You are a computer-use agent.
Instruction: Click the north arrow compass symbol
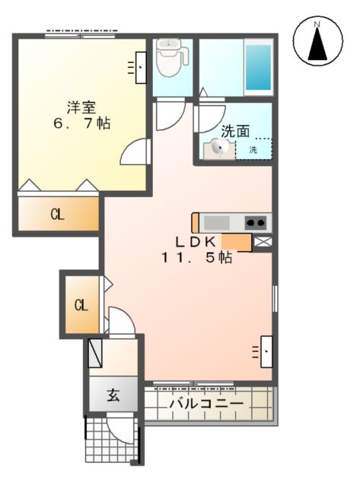318,42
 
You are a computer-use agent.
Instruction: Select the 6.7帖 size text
81,123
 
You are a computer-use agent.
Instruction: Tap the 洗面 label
235,131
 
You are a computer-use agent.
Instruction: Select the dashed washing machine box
253,148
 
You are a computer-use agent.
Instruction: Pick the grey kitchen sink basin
217,222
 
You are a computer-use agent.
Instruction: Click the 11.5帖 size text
196,257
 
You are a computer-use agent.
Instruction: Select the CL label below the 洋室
57,215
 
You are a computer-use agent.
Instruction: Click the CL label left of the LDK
81,307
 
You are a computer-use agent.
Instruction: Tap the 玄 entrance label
113,396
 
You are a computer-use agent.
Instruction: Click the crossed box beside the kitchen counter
263,242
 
